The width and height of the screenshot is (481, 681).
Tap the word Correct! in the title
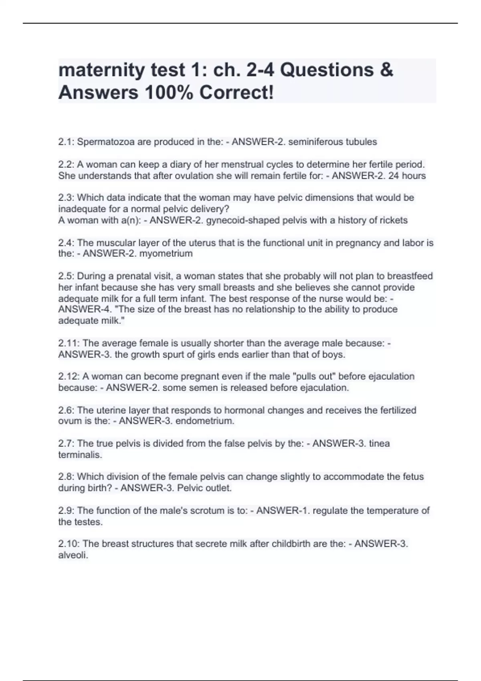pos(236,93)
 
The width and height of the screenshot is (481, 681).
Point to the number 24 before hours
pos(394,176)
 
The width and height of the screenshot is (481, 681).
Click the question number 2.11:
pos(69,343)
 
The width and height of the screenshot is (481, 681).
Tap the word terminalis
pos(80,455)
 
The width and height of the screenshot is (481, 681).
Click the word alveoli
pos(73,556)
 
